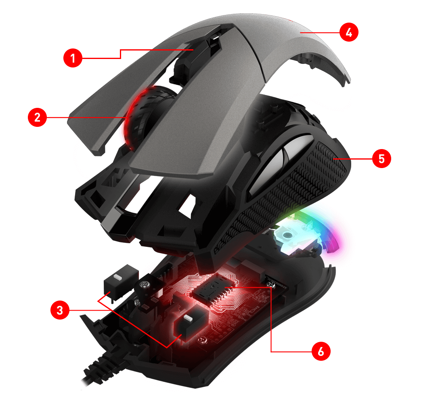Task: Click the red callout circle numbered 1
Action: (73, 58)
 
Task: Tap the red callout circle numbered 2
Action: (37, 117)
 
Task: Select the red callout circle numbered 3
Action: (60, 310)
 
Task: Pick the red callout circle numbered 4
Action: (349, 32)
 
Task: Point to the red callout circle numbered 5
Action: (381, 158)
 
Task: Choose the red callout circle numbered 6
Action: (321, 351)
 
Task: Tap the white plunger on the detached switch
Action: (118, 278)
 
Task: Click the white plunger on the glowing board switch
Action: (188, 318)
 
